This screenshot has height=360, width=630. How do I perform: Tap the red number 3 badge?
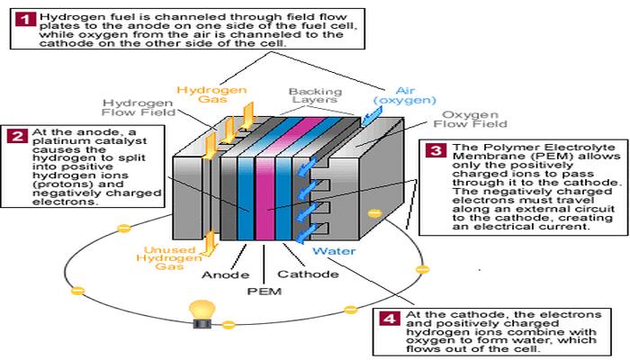[436, 150]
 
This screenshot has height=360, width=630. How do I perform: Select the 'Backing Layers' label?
[312, 97]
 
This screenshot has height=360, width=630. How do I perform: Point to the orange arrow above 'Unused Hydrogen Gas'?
[208, 239]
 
